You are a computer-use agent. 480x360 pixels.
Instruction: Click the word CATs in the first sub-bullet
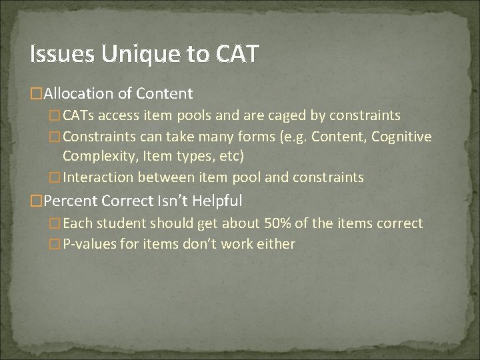point(79,116)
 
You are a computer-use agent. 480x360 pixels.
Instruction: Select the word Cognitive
point(404,137)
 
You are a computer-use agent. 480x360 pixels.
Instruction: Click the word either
point(276,244)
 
